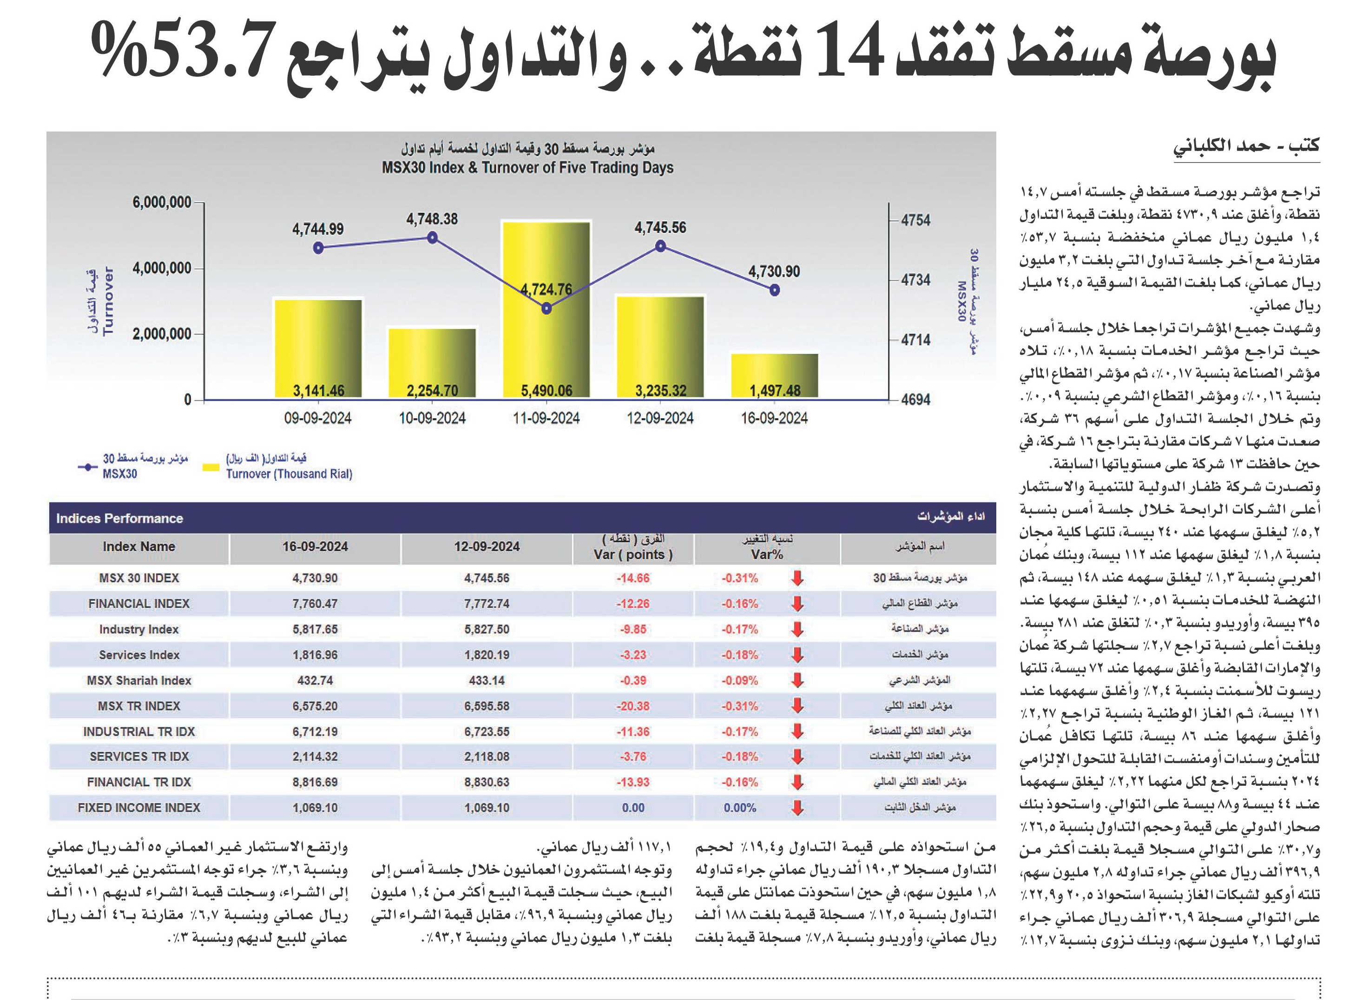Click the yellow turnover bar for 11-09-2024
(x=546, y=310)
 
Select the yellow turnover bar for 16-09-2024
(x=775, y=376)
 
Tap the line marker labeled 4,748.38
(x=432, y=237)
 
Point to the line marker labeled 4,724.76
(x=546, y=308)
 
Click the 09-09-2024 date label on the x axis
(x=318, y=418)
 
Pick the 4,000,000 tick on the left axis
(x=162, y=268)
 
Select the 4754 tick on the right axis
(x=915, y=220)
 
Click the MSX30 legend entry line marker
(x=88, y=467)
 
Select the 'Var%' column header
(x=767, y=554)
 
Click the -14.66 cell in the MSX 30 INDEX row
(x=633, y=578)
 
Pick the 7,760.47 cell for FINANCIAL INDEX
(x=315, y=604)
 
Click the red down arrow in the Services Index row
(x=798, y=655)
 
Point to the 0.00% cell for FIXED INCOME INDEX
(x=740, y=808)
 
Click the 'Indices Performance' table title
(x=119, y=518)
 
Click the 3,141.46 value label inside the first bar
(x=318, y=390)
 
